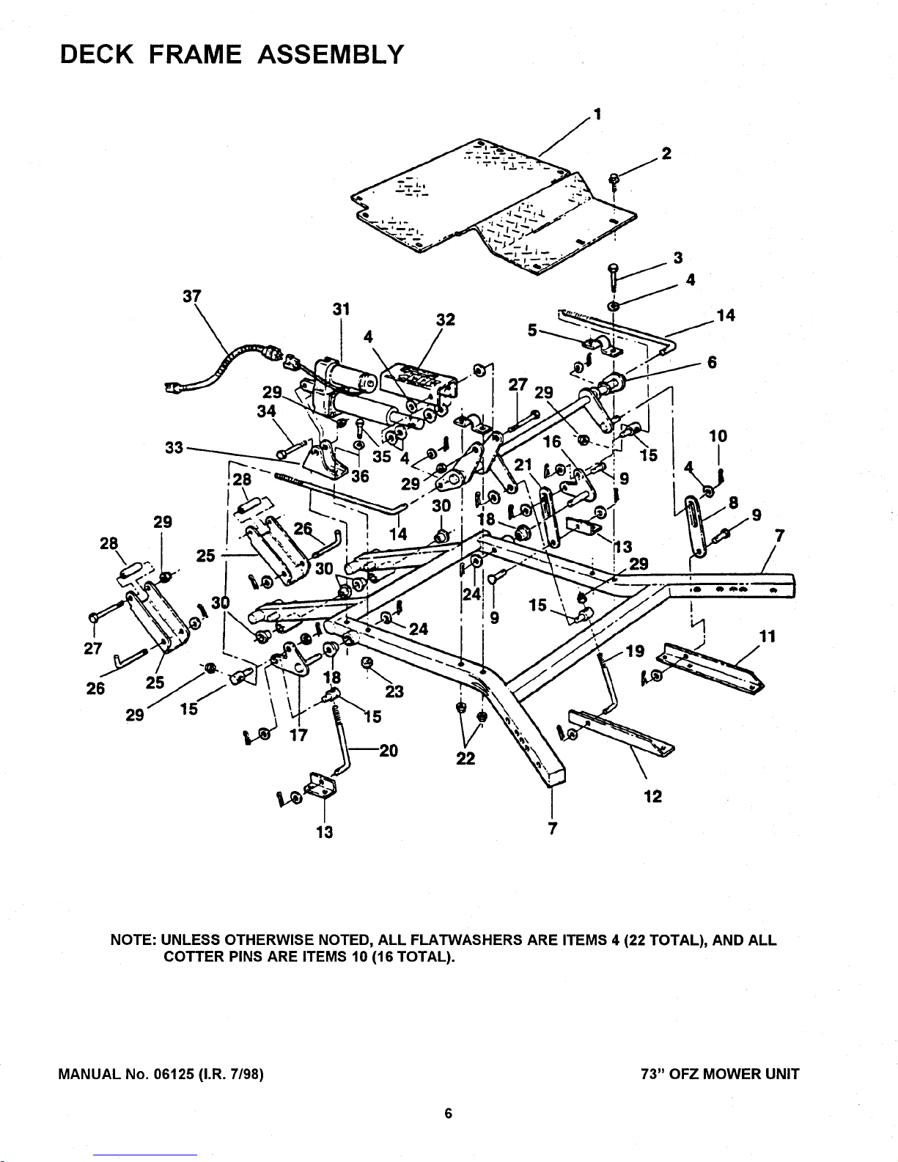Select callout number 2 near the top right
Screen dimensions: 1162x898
pos(666,153)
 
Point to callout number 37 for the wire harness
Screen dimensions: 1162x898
pos(193,295)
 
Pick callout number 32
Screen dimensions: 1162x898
pos(446,320)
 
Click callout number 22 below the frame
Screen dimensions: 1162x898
pos(466,760)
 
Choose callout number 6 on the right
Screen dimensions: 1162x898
pos(711,362)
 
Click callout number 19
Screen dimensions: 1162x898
pos(635,650)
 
